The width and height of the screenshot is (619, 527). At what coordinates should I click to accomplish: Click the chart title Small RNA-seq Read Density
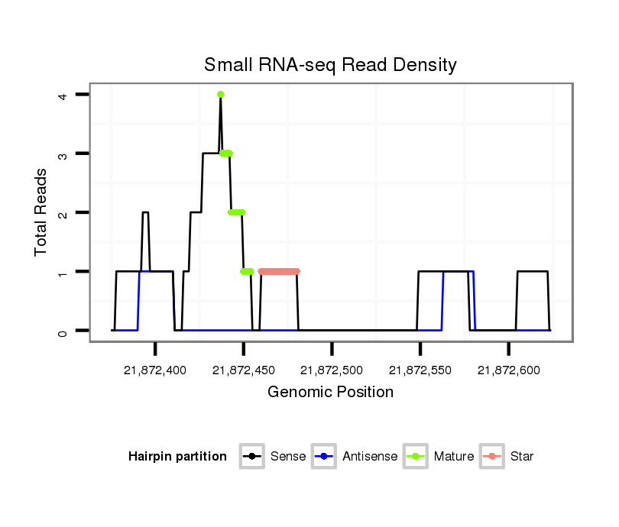coord(330,65)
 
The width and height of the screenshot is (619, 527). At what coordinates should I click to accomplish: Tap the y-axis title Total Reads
coord(42,212)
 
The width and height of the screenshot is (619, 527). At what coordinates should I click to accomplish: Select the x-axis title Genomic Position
coord(330,393)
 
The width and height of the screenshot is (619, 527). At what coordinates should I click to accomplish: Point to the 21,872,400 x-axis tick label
coord(155,370)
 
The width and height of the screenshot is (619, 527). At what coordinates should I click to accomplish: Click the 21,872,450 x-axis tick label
coord(244,370)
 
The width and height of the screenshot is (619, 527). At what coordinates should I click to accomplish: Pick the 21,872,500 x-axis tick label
coord(332,370)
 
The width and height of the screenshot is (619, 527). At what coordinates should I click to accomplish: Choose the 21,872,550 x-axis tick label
coord(420,370)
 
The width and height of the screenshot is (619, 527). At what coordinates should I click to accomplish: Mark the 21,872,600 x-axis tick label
coord(508,370)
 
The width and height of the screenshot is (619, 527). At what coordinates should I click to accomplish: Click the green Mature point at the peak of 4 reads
coord(220,95)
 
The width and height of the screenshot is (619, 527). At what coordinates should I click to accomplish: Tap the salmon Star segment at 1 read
coord(279,271)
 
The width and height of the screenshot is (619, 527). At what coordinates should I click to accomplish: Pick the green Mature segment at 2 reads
coord(237,212)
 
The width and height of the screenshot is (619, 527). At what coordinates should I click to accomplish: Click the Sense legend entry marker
coord(251,457)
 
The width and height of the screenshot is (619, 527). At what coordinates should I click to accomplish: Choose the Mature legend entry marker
coord(415,457)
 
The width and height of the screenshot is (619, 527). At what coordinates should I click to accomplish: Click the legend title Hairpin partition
coord(177,457)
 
